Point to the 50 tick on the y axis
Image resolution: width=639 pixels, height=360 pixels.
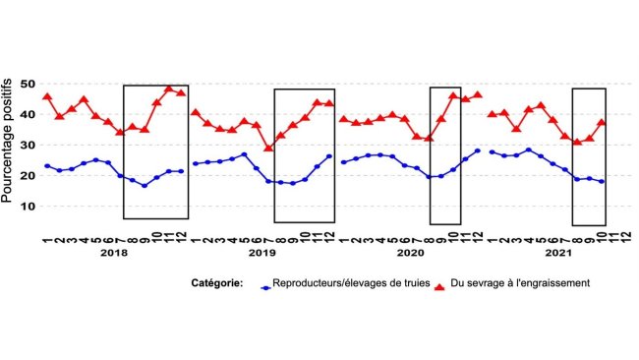coord(29,84)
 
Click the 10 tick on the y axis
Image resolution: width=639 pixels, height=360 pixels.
coord(29,207)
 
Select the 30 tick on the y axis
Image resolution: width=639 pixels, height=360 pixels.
coord(29,146)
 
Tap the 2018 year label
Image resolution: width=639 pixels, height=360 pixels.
coord(114,254)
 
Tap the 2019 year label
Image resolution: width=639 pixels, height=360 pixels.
coord(261,254)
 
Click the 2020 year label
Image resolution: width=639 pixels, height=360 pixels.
coord(408,254)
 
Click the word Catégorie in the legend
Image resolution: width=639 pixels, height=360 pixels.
coord(217,284)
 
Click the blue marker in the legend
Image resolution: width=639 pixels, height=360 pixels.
coord(264,286)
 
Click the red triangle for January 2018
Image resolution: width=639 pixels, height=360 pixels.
coord(47,96)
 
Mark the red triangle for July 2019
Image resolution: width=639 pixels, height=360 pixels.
coord(268,148)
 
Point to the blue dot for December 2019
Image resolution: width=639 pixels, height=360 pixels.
coord(328,156)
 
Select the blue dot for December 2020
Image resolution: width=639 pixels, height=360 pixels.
coord(478,151)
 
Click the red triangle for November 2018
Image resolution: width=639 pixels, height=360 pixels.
coord(169,89)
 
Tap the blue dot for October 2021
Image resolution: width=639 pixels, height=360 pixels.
coord(601,182)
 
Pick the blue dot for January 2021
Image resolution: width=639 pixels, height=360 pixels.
coord(492,151)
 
